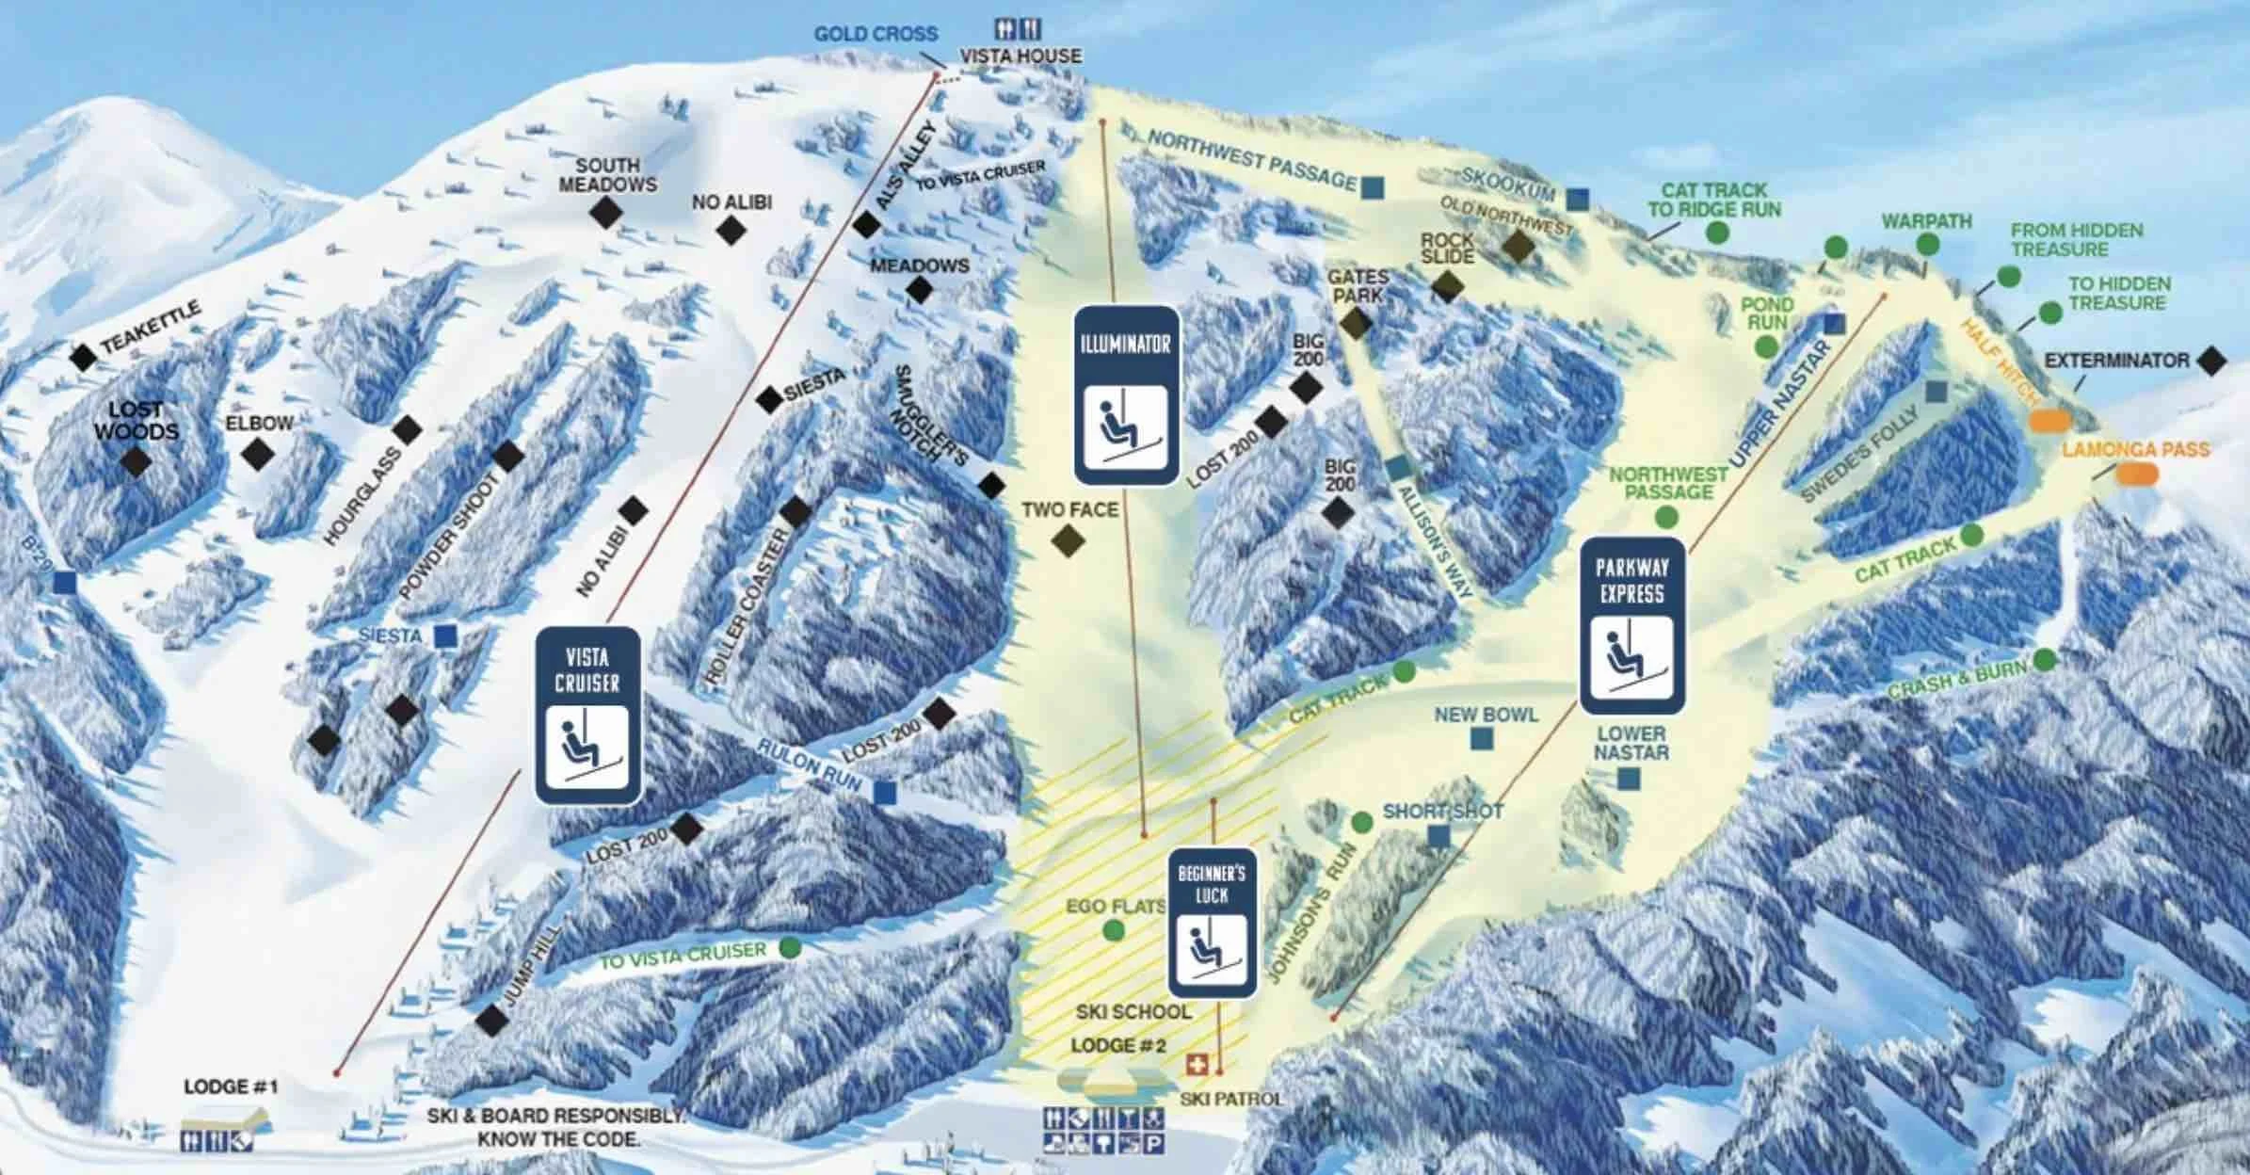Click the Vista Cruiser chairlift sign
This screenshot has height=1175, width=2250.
(588, 716)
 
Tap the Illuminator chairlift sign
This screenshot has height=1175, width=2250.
(1126, 395)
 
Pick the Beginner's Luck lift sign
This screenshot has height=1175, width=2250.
(1213, 923)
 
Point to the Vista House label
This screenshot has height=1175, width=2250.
(1021, 56)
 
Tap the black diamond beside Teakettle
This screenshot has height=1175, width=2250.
(84, 357)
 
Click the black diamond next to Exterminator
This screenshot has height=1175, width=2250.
(2211, 361)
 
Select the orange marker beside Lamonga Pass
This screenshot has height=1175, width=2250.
(2137, 474)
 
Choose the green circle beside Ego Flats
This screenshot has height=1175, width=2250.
(1113, 930)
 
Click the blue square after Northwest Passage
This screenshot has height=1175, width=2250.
(1373, 187)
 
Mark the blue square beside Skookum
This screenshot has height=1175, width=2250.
(1578, 200)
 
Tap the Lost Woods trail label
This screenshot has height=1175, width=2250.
(137, 421)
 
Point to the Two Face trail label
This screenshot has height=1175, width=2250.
(1069, 510)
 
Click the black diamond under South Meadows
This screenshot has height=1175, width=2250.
(606, 213)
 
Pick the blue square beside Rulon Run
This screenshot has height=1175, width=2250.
(884, 793)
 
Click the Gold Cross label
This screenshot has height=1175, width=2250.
(876, 34)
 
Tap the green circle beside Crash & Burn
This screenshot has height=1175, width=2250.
(2044, 660)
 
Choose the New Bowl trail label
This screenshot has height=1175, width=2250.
(1486, 716)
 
